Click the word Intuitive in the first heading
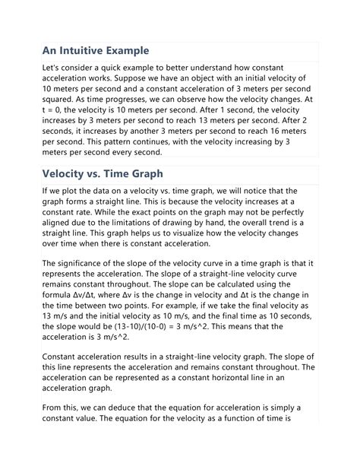pyautogui.click(x=89, y=52)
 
